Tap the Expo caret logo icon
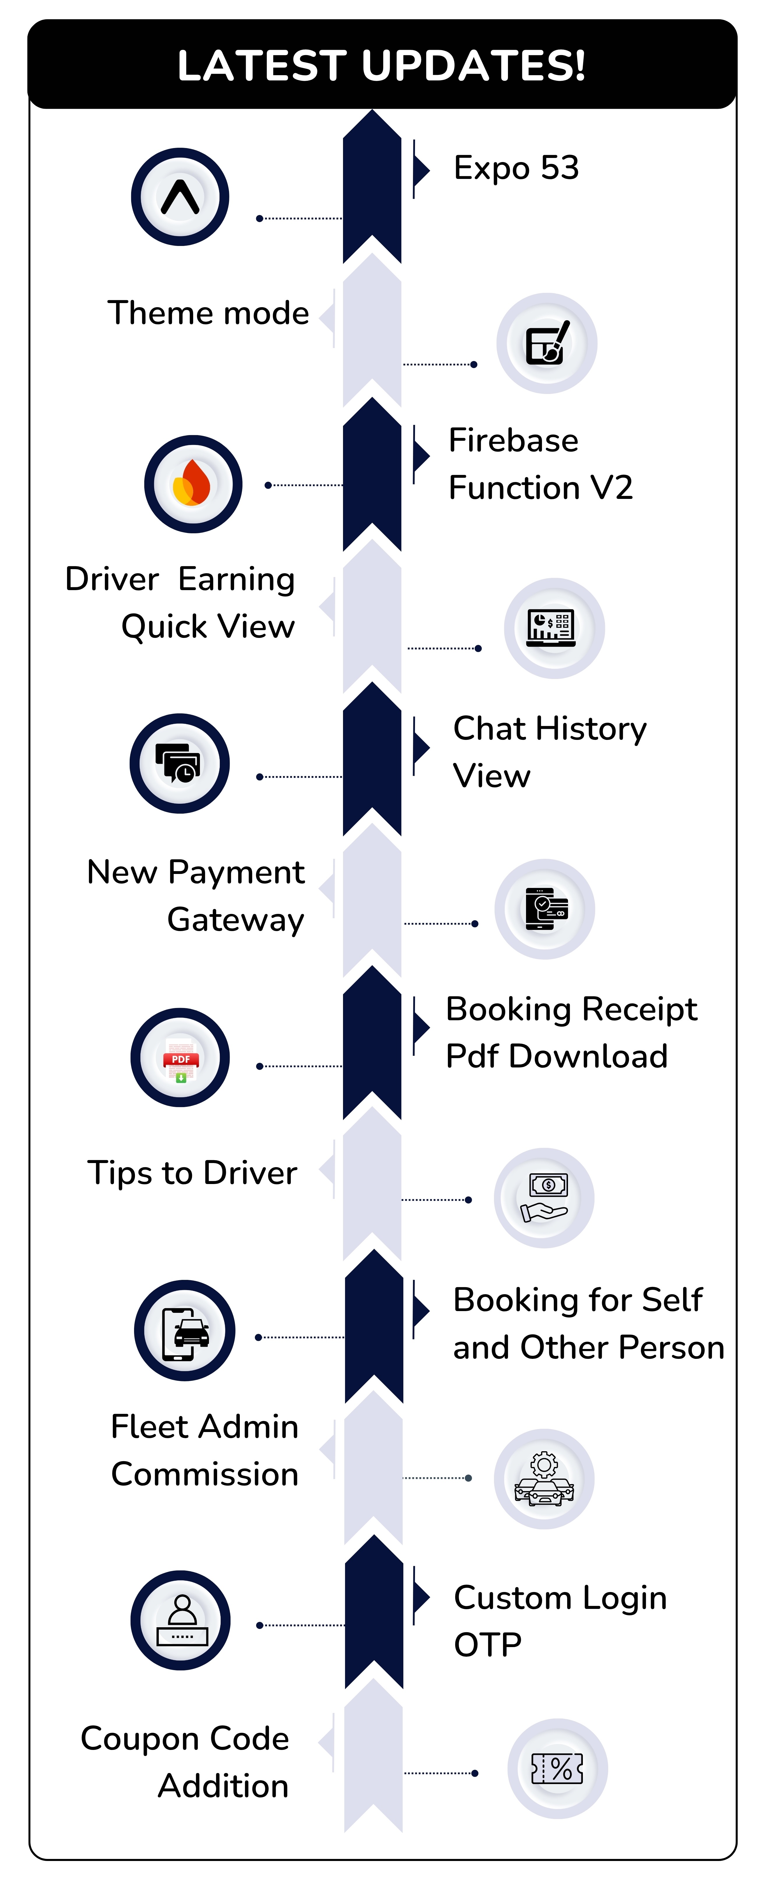pyautogui.click(x=180, y=197)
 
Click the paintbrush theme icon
pyautogui.click(x=547, y=343)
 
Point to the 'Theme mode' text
pyautogui.click(x=208, y=313)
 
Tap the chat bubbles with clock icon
pyautogui.click(x=179, y=763)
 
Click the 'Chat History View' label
pyautogui.click(x=549, y=752)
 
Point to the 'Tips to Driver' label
pyautogui.click(x=192, y=1172)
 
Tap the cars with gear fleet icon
pyautogui.click(x=544, y=1478)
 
